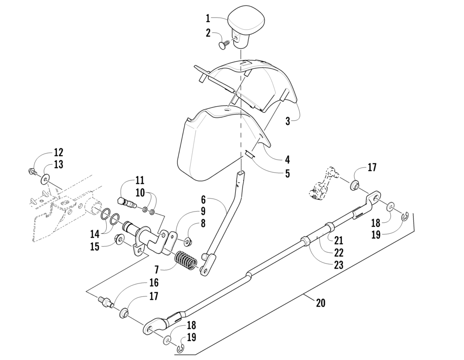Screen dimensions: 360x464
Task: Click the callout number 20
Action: tap(320, 303)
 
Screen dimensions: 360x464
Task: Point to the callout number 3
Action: tap(288, 121)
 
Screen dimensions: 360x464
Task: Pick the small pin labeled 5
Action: tap(250, 155)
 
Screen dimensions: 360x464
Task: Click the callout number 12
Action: tap(58, 152)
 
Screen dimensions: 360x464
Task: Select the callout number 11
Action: tap(140, 180)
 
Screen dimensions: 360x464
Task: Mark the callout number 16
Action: tap(154, 282)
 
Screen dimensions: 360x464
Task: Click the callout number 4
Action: tap(287, 160)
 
